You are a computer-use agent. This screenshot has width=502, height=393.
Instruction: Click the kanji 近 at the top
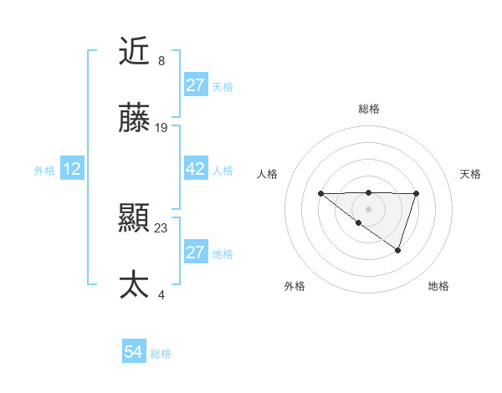click(134, 52)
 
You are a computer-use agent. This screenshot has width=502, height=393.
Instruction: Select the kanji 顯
click(134, 219)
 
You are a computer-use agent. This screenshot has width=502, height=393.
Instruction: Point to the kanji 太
click(134, 285)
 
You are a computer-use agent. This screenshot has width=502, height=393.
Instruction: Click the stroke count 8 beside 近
click(161, 61)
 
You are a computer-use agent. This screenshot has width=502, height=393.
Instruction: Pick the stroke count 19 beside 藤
click(161, 128)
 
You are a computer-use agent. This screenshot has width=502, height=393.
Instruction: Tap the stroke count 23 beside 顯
click(161, 227)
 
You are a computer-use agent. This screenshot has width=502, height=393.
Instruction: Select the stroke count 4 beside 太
click(161, 294)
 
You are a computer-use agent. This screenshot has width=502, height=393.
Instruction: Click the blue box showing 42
click(195, 169)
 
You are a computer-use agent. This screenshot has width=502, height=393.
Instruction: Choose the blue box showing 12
click(72, 169)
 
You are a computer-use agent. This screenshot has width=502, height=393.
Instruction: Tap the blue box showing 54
click(134, 352)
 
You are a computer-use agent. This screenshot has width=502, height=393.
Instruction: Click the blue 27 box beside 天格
click(195, 85)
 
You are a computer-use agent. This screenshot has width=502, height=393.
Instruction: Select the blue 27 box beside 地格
click(195, 253)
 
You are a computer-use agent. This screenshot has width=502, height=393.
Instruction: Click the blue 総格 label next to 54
click(161, 354)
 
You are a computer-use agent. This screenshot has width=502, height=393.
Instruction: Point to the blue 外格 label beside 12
click(44, 170)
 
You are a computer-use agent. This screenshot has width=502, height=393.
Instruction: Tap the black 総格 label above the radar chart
click(368, 109)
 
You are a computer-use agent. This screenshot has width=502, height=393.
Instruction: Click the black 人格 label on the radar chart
click(268, 174)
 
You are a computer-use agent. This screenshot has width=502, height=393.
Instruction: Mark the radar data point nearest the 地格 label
click(398, 250)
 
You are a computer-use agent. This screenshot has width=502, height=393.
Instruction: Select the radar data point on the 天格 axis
click(416, 194)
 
